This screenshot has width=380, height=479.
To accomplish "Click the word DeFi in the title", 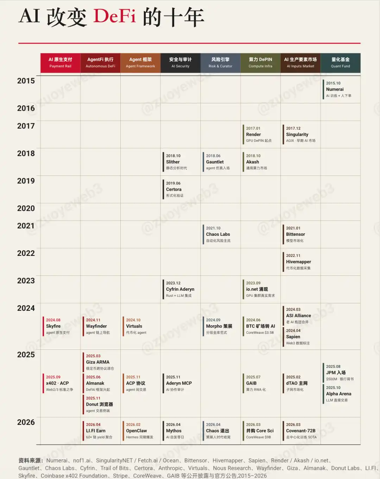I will (114, 17).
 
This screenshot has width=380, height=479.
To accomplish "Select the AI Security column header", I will (180, 63).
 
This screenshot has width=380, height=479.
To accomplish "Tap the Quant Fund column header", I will (340, 63).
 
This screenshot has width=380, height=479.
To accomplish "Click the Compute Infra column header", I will (260, 63).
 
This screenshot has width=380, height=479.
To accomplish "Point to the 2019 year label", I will (26, 181).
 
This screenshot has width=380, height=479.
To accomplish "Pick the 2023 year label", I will (26, 281).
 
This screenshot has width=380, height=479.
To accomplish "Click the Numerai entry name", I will (335, 90).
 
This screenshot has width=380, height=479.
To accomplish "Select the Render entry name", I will (253, 135).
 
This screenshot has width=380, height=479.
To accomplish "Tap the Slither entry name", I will (173, 162).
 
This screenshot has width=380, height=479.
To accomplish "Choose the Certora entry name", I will (174, 190).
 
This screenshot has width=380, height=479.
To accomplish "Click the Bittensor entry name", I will (295, 234).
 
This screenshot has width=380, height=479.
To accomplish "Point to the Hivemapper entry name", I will (298, 262).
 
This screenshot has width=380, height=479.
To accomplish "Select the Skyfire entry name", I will (53, 326).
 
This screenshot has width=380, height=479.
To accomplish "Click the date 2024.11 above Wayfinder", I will (93, 320).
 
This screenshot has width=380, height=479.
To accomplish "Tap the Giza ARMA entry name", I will (97, 362).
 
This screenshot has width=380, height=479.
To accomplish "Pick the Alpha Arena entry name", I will (338, 394).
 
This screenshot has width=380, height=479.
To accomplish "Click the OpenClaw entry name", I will (137, 431).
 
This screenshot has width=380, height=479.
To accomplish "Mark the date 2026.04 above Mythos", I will (173, 425).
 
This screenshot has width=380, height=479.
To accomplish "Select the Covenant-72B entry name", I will (300, 431).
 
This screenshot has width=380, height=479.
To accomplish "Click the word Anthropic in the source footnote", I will (170, 468).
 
